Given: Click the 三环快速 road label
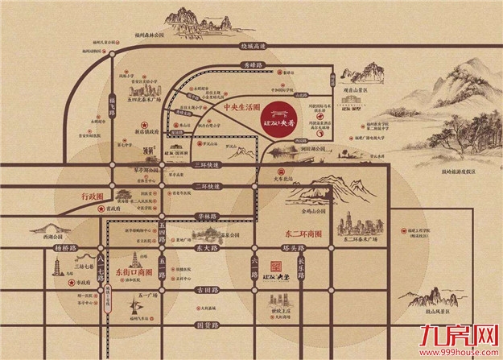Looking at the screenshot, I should coord(207,165).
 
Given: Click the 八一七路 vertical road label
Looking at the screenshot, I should coord(101,263).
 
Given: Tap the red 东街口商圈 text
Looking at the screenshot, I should coord(131,271).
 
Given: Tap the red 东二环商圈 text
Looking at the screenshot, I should coord(284,234).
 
